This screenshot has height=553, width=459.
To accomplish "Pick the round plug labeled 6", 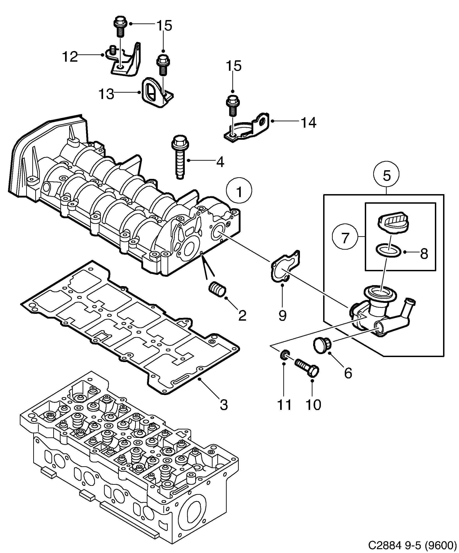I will tap(322, 346).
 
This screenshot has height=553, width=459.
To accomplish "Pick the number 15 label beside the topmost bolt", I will tap(164, 26).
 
